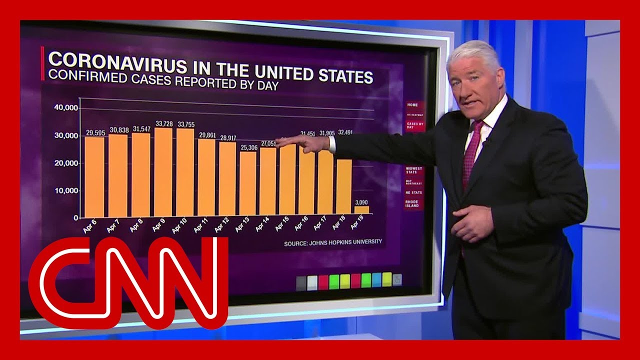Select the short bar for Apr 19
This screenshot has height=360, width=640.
(x=362, y=209)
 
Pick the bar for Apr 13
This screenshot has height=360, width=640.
(x=247, y=183)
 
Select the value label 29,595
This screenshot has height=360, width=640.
(x=95, y=133)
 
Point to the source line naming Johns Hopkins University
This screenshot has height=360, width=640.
(x=333, y=242)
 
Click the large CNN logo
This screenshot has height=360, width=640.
(x=128, y=282)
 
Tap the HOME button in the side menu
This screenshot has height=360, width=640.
(x=412, y=105)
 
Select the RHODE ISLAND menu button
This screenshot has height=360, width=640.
(x=413, y=203)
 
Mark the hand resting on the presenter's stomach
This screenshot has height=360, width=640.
(x=472, y=222)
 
